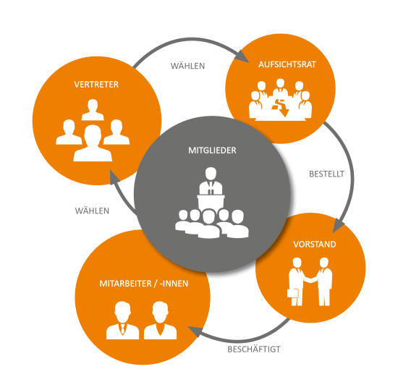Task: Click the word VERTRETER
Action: click(x=96, y=84)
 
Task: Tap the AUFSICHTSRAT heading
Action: click(x=287, y=64)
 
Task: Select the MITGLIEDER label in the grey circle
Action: click(x=212, y=151)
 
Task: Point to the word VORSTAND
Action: click(x=315, y=245)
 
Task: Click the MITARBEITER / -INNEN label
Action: click(x=144, y=284)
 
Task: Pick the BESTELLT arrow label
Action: click(x=326, y=174)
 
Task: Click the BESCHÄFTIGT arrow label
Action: click(x=254, y=349)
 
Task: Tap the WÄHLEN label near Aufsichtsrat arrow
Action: click(x=187, y=66)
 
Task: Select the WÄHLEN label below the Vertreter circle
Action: click(x=92, y=211)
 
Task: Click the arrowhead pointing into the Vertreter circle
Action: click(x=114, y=177)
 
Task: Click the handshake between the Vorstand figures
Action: click(x=310, y=279)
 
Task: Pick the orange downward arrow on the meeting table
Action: click(x=281, y=107)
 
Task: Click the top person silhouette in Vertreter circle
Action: click(x=93, y=109)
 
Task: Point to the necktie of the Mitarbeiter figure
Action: click(x=122, y=328)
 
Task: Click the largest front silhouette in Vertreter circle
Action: click(x=93, y=143)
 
